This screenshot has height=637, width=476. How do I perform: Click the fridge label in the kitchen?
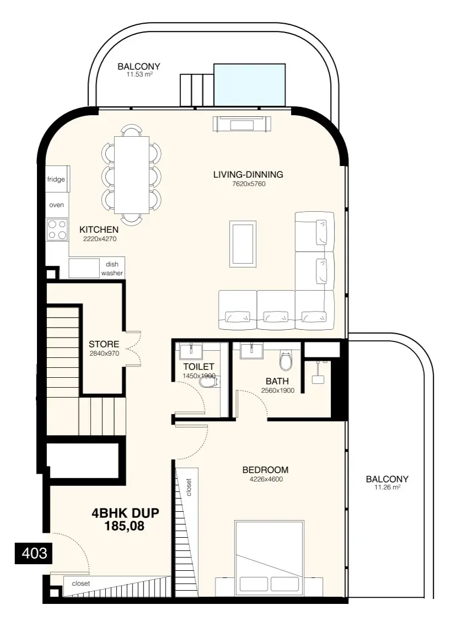click(x=56, y=180)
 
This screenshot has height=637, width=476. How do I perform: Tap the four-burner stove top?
click(x=57, y=229)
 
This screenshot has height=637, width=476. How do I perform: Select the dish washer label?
click(x=112, y=269)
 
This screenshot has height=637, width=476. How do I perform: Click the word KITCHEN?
click(x=99, y=229)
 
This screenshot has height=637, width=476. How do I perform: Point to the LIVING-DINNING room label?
click(x=248, y=175)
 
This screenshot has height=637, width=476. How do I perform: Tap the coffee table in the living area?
click(x=243, y=244)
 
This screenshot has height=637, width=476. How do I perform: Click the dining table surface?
click(x=132, y=175)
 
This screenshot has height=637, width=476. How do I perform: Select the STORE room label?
click(x=104, y=344)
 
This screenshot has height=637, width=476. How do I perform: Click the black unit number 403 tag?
click(x=34, y=553)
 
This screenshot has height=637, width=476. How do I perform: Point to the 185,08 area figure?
click(x=124, y=526)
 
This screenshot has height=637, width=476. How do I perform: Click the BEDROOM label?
click(x=265, y=470)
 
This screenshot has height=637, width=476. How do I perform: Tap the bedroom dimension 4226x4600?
click(x=266, y=479)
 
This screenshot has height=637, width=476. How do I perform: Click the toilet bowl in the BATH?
click(x=286, y=360)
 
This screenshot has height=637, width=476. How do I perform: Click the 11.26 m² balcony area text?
click(x=387, y=488)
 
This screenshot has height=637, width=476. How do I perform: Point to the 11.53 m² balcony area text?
click(x=140, y=75)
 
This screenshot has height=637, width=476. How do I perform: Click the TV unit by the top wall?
click(x=242, y=124)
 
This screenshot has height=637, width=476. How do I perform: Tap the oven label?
click(x=56, y=205)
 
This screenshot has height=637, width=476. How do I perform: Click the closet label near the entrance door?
click(x=81, y=584)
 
